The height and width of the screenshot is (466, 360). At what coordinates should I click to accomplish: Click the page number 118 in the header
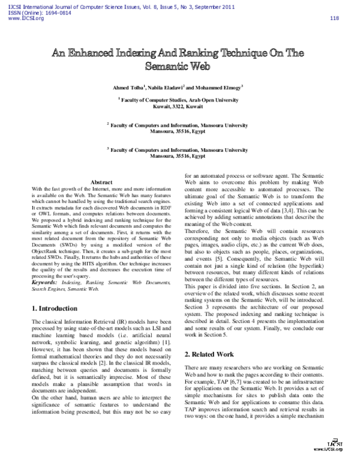pos(335,18)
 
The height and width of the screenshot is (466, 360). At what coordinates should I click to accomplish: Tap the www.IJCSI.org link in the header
pos(25,18)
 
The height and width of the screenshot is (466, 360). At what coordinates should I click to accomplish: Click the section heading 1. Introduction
pos(54,308)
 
